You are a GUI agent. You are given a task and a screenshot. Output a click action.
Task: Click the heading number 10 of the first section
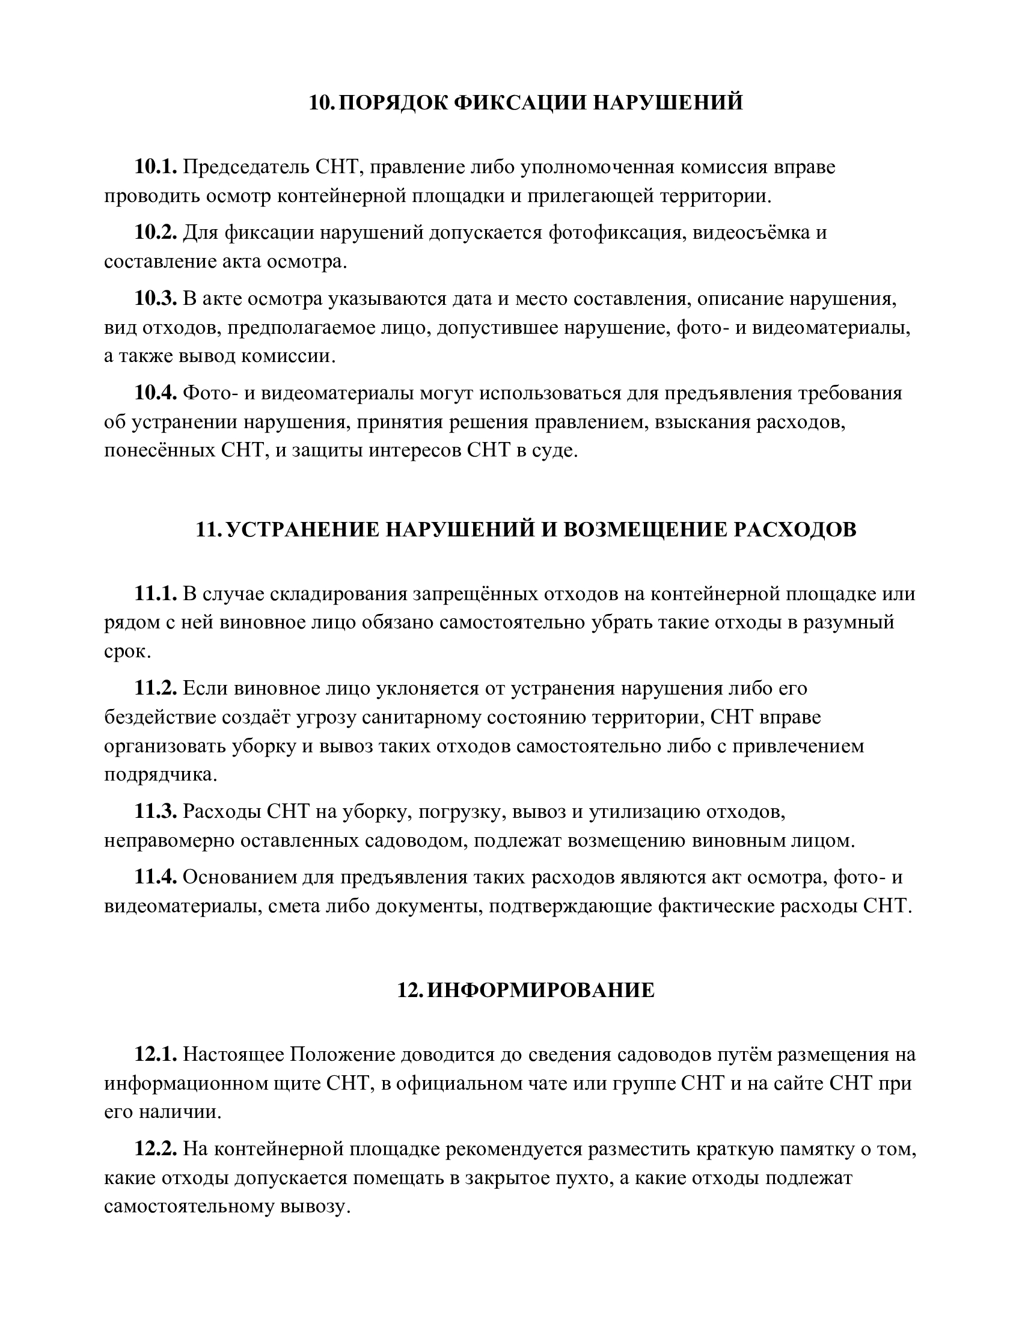tap(320, 102)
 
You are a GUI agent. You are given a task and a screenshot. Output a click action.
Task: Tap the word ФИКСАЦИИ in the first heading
tap(520, 102)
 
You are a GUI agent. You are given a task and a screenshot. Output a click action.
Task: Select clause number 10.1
tap(156, 167)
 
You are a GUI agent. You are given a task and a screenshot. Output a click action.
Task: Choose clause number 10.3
tap(156, 299)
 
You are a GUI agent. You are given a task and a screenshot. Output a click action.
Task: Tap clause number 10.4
tap(156, 393)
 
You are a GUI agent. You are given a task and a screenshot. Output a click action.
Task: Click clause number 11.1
tap(156, 594)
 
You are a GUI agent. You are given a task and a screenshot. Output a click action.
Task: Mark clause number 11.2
tap(156, 689)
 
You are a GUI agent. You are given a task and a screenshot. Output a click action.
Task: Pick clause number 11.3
tap(156, 811)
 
